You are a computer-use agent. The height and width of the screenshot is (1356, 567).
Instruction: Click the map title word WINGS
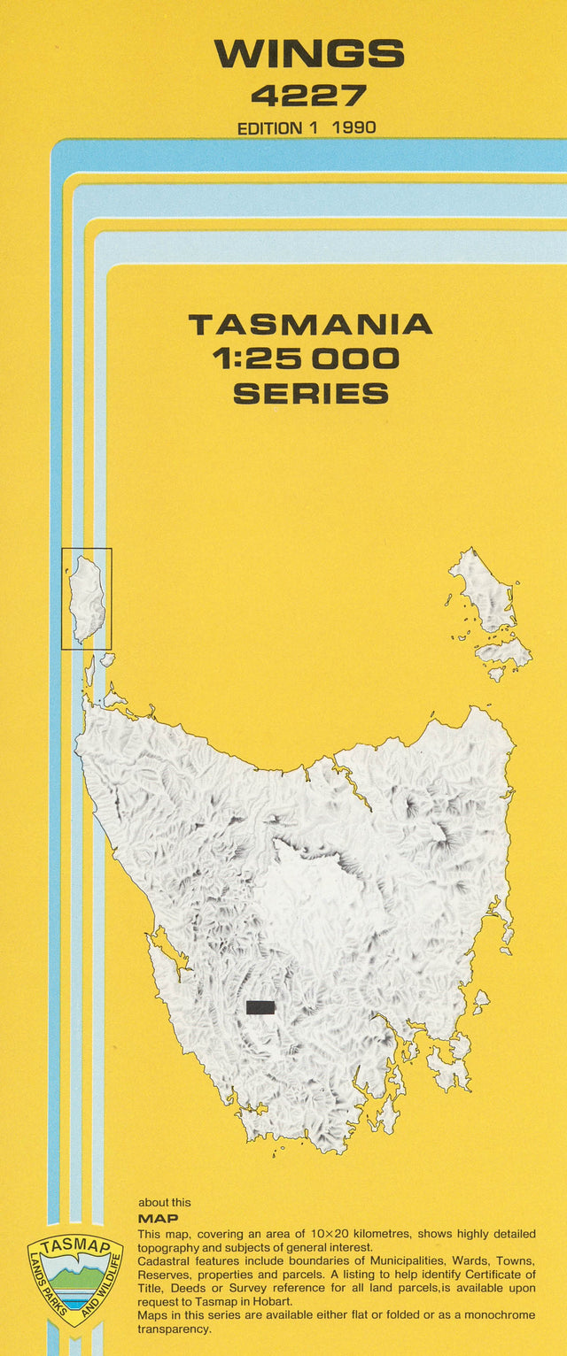[x=308, y=55]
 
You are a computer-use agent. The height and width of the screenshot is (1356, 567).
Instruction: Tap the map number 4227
[x=308, y=95]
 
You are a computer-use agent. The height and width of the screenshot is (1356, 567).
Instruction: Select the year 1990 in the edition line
[x=353, y=127]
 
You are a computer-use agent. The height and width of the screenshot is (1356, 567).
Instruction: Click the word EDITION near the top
[x=270, y=127]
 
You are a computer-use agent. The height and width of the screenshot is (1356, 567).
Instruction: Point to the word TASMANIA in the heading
[x=310, y=325]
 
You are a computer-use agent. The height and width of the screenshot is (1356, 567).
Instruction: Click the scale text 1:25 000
[x=306, y=358]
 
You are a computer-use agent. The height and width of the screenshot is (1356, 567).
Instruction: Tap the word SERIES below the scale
[x=310, y=393]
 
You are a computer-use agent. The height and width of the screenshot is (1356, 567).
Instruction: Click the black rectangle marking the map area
[x=260, y=1007]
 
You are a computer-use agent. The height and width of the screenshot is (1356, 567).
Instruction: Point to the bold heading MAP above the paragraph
[x=158, y=1218]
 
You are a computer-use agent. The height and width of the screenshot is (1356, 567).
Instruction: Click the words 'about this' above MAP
[x=164, y=1202]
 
